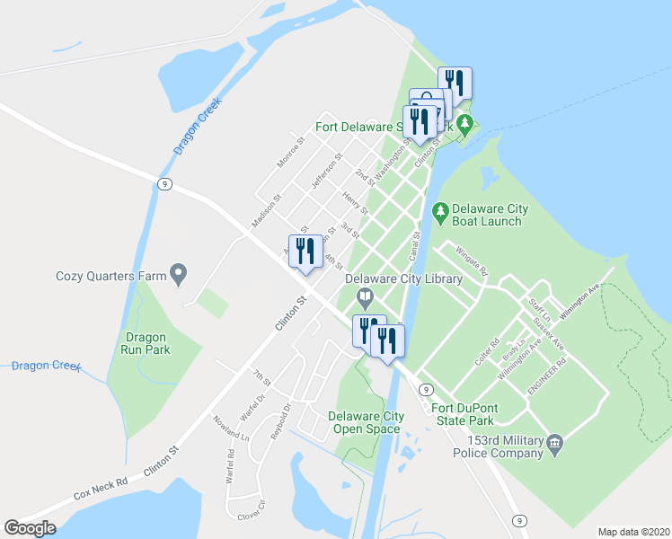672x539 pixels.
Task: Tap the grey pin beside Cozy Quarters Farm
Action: (x=179, y=273)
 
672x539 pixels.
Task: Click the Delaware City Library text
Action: (x=404, y=279)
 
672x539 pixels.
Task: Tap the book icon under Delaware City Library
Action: (x=365, y=297)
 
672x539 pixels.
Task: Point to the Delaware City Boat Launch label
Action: (x=490, y=216)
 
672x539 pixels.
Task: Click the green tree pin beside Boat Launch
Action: (x=440, y=212)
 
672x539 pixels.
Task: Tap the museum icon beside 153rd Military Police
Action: (x=555, y=444)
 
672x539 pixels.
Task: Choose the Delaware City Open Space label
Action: (x=366, y=422)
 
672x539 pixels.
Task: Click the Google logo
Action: (x=30, y=528)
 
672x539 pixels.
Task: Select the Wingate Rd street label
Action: (x=471, y=261)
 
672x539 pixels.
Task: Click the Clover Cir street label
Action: (x=252, y=512)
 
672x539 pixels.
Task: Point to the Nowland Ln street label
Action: (x=230, y=428)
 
